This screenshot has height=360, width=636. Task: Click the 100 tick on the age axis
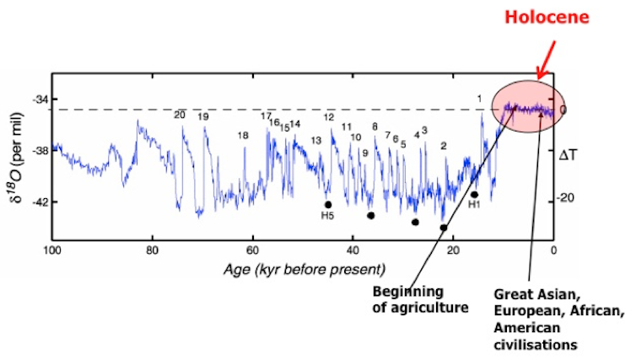pos(53,250)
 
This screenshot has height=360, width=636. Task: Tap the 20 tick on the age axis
pos(453,250)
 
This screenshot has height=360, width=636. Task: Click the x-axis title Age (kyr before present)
pos(304,269)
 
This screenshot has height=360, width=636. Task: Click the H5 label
pos(327,215)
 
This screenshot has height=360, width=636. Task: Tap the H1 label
pos(474,205)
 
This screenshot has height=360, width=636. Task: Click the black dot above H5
pos(328,204)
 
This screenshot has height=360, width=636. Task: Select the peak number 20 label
pos(179,115)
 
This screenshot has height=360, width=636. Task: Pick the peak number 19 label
pos(203,117)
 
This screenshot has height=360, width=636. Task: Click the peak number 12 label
pos(329,117)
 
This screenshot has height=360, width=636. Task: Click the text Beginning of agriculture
pos(420,299)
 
